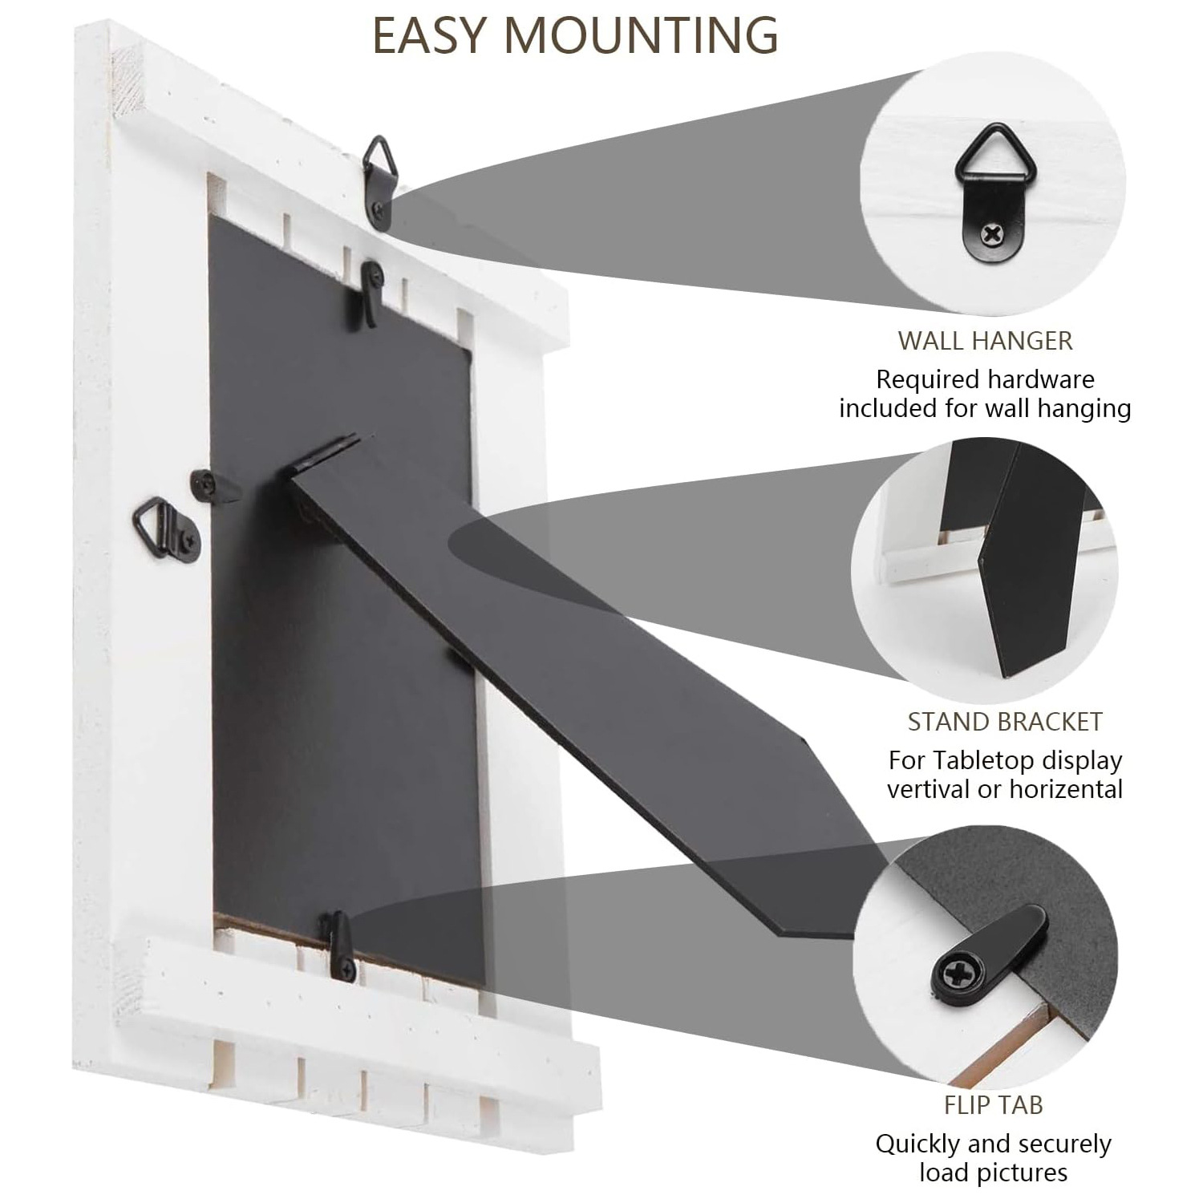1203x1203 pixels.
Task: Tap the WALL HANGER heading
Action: point(985,340)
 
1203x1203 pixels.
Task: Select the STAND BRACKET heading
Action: point(1005,722)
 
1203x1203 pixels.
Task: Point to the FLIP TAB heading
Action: point(993,1105)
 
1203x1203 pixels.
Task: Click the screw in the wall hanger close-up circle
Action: point(994,235)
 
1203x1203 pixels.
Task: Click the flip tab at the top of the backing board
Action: point(371,293)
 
